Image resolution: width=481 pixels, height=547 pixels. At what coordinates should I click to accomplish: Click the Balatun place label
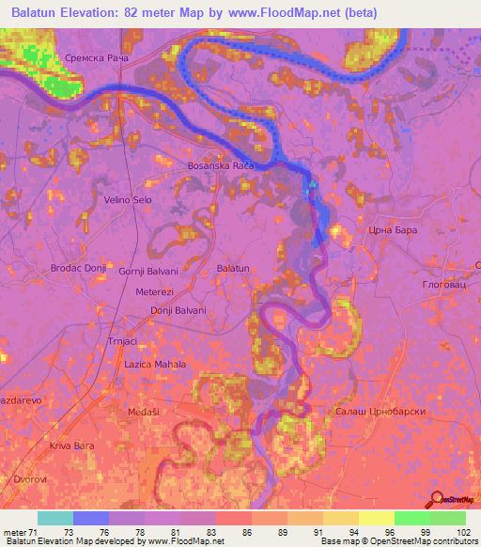233,269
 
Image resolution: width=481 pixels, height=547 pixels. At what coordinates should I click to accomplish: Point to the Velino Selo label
129,199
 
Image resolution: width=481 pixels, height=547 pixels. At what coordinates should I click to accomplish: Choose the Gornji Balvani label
148,271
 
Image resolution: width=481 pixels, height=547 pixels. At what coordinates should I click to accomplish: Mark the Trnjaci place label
122,342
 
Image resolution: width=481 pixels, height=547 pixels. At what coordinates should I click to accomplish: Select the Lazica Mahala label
155,364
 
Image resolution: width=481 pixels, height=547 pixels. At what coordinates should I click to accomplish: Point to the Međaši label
144,412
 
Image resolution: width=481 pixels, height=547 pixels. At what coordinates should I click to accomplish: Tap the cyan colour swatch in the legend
54,518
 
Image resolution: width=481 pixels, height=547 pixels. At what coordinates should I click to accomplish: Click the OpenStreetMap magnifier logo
437,499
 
